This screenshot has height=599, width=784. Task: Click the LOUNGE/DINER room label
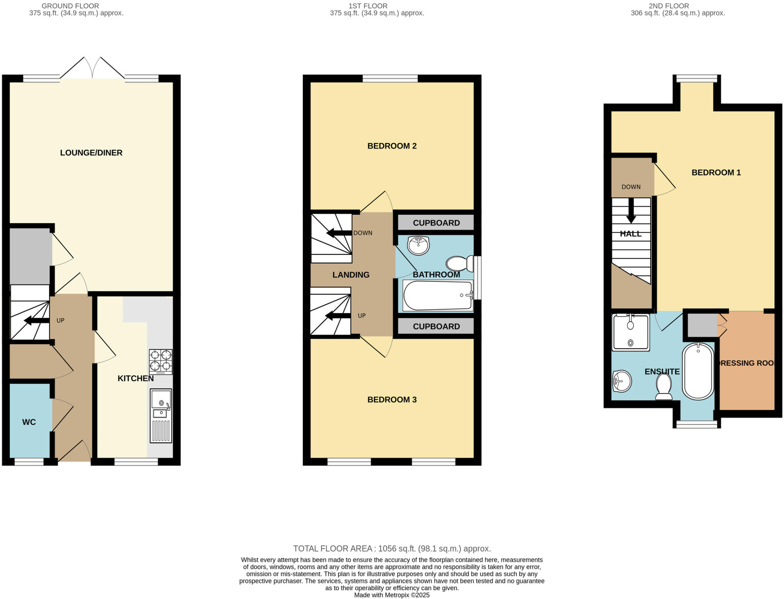pyautogui.click(x=91, y=153)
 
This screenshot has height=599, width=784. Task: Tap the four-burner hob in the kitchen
pyautogui.click(x=160, y=361)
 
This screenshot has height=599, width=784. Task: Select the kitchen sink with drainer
pyautogui.click(x=161, y=416)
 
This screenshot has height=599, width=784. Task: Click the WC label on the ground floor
pyautogui.click(x=29, y=422)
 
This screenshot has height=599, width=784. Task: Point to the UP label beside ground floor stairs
pyautogui.click(x=60, y=320)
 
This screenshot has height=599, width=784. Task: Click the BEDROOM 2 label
pyautogui.click(x=392, y=146)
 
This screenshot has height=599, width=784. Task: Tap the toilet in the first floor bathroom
pyautogui.click(x=459, y=264)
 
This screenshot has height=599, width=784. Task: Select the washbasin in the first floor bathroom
pyautogui.click(x=418, y=245)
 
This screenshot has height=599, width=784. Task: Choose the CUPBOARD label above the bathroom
pyautogui.click(x=436, y=223)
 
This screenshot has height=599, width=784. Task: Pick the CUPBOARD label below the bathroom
pyautogui.click(x=436, y=326)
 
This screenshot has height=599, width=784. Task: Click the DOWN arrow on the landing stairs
pyautogui.click(x=338, y=233)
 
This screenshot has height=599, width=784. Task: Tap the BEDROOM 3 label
pyautogui.click(x=392, y=400)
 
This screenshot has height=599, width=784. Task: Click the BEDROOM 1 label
pyautogui.click(x=716, y=173)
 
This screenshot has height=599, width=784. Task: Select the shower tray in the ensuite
pyautogui.click(x=630, y=332)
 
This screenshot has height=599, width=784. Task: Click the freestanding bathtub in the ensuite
pyautogui.click(x=698, y=371)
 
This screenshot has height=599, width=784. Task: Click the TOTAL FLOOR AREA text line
pyautogui.click(x=392, y=548)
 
